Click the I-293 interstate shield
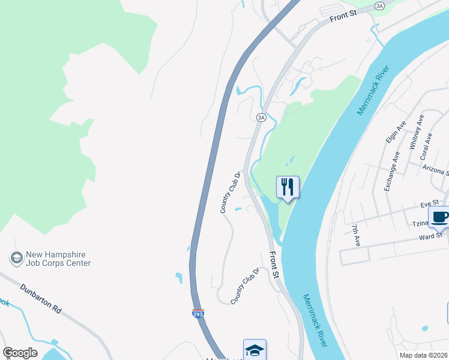pyautogui.click(x=197, y=313)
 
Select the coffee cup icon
pyautogui.click(x=439, y=217)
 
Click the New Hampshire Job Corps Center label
pyautogui.click(x=58, y=259)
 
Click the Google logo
pyautogui.click(x=20, y=353)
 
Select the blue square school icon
pyautogui.click(x=254, y=350)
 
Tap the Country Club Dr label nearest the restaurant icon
pyautogui.click(x=230, y=193)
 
